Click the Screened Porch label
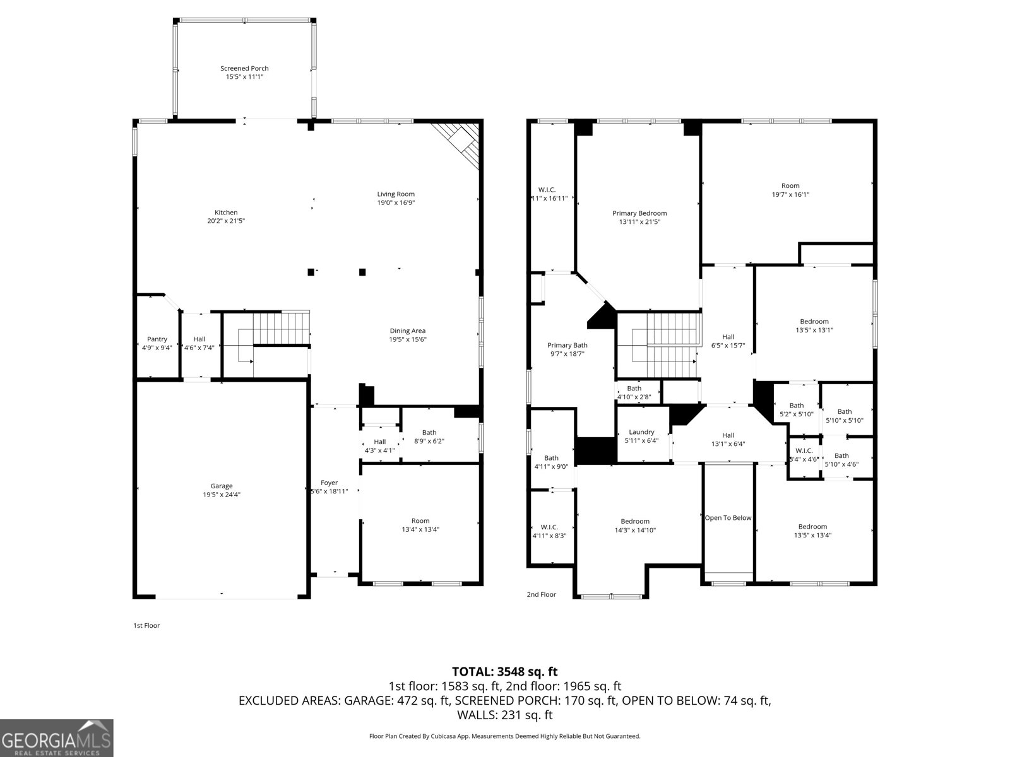(x=244, y=68)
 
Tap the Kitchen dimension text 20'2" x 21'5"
(x=226, y=221)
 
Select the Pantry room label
(x=157, y=339)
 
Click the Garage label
(x=222, y=486)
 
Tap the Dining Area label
(x=407, y=331)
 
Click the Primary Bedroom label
(x=639, y=213)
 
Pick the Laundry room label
(x=641, y=432)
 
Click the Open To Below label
(x=728, y=518)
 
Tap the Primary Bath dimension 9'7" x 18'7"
(x=567, y=354)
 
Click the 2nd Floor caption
(x=541, y=594)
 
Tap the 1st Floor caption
(x=146, y=626)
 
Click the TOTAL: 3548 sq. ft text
(x=504, y=672)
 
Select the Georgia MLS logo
(x=56, y=737)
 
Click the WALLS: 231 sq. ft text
(x=504, y=715)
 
